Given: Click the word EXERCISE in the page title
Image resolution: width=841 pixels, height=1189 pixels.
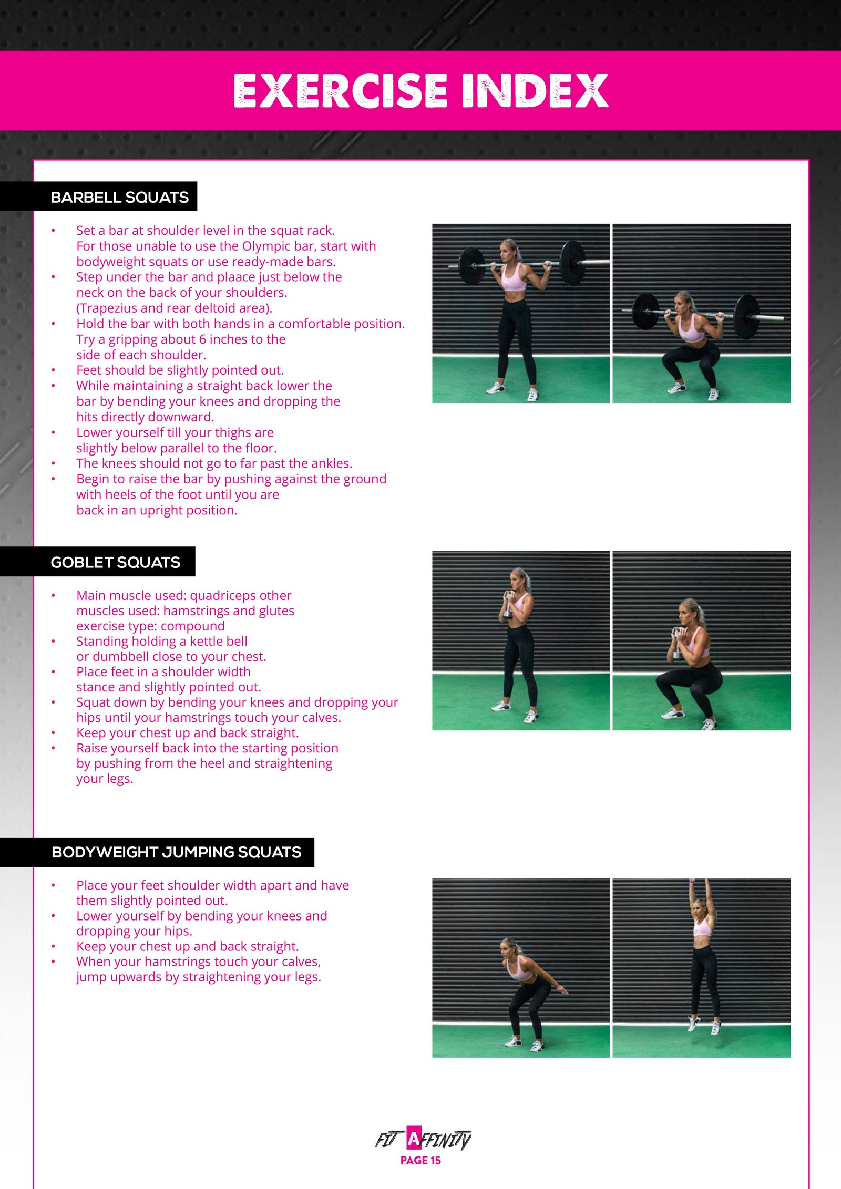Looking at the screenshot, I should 340,90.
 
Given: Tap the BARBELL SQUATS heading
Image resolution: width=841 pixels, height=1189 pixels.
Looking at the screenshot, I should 119,197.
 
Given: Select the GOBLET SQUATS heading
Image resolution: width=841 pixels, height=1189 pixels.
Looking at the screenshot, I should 115,562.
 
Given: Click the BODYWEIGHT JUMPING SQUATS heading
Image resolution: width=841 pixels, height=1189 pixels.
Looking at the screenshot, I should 176,852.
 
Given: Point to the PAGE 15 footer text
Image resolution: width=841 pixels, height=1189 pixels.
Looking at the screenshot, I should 420,1160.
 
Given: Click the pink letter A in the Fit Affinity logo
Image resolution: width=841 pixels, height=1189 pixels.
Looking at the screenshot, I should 414,1139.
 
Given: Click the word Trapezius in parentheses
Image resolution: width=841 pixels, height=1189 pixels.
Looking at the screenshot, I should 107,308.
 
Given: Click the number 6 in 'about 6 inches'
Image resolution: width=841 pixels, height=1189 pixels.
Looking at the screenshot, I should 202,339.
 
